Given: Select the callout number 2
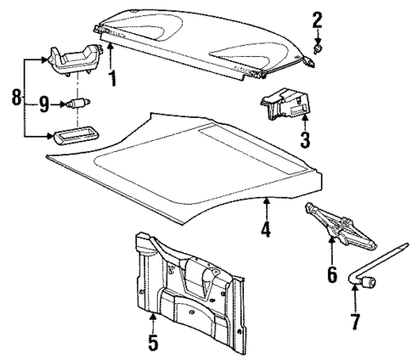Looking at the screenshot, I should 317,19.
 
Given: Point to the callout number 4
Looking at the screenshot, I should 266,229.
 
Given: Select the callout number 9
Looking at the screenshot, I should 43,104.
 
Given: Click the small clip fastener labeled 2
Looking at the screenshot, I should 318,50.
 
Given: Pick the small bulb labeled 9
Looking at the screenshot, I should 78,104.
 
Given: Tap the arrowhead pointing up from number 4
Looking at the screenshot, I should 266,201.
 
